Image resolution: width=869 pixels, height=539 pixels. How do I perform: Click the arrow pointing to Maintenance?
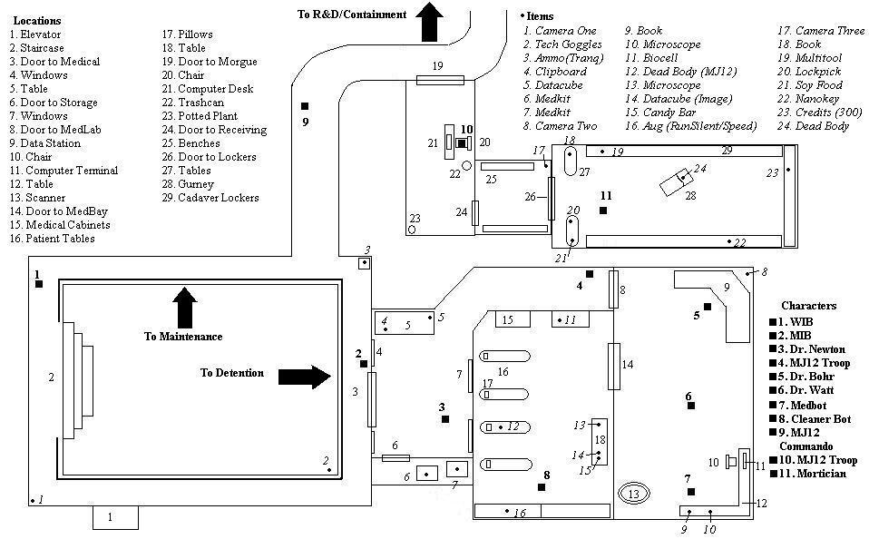[184, 307]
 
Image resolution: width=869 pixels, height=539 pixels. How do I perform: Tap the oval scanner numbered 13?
[634, 494]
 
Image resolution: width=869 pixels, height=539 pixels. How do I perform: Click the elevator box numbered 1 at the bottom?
[114, 517]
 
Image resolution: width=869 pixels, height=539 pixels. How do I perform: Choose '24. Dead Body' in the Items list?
[813, 126]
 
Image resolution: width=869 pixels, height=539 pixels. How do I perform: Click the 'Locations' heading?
[37, 20]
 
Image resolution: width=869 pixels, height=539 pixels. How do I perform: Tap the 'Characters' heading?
[808, 306]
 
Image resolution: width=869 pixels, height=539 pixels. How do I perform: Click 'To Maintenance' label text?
[183, 337]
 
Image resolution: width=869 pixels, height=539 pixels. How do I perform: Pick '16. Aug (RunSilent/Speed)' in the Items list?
[690, 126]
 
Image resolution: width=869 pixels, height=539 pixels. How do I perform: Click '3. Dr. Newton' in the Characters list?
[812, 349]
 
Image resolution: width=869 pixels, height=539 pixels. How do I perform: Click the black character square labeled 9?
[306, 106]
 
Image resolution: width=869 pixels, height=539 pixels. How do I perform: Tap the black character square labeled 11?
[603, 211]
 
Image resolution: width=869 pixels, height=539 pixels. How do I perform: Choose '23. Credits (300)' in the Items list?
[817, 113]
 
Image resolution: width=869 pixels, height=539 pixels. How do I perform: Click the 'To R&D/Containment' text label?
[351, 15]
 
